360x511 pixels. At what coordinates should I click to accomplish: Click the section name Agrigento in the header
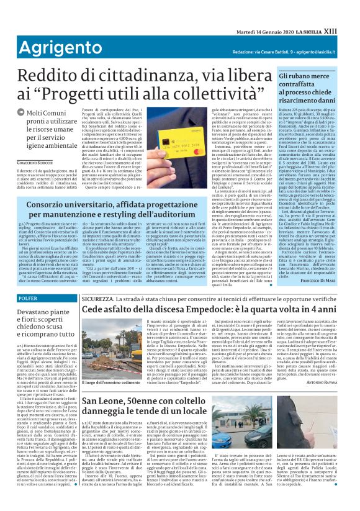[38, 30]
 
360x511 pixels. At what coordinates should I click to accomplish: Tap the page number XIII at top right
[346, 9]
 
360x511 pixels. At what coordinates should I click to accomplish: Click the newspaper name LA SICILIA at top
[322, 9]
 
